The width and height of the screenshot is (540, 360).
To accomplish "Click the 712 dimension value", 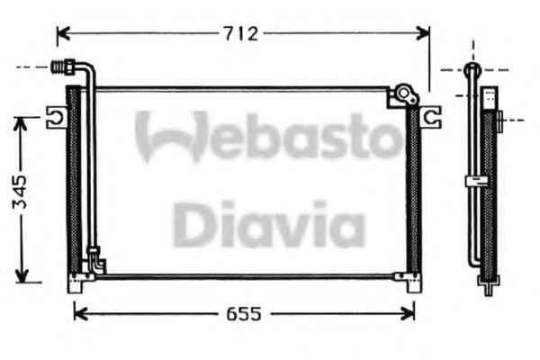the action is [240, 34].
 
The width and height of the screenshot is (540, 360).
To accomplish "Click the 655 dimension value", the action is [244, 314].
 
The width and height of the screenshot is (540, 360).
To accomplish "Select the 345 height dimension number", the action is [19, 193].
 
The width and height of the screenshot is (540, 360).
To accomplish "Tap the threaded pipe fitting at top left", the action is [63, 67].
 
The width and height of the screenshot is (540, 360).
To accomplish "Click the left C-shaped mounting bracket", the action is [57, 118].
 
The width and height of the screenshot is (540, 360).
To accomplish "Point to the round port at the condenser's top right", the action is [403, 93].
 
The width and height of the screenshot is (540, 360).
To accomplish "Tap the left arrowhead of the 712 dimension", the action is [63, 33].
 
